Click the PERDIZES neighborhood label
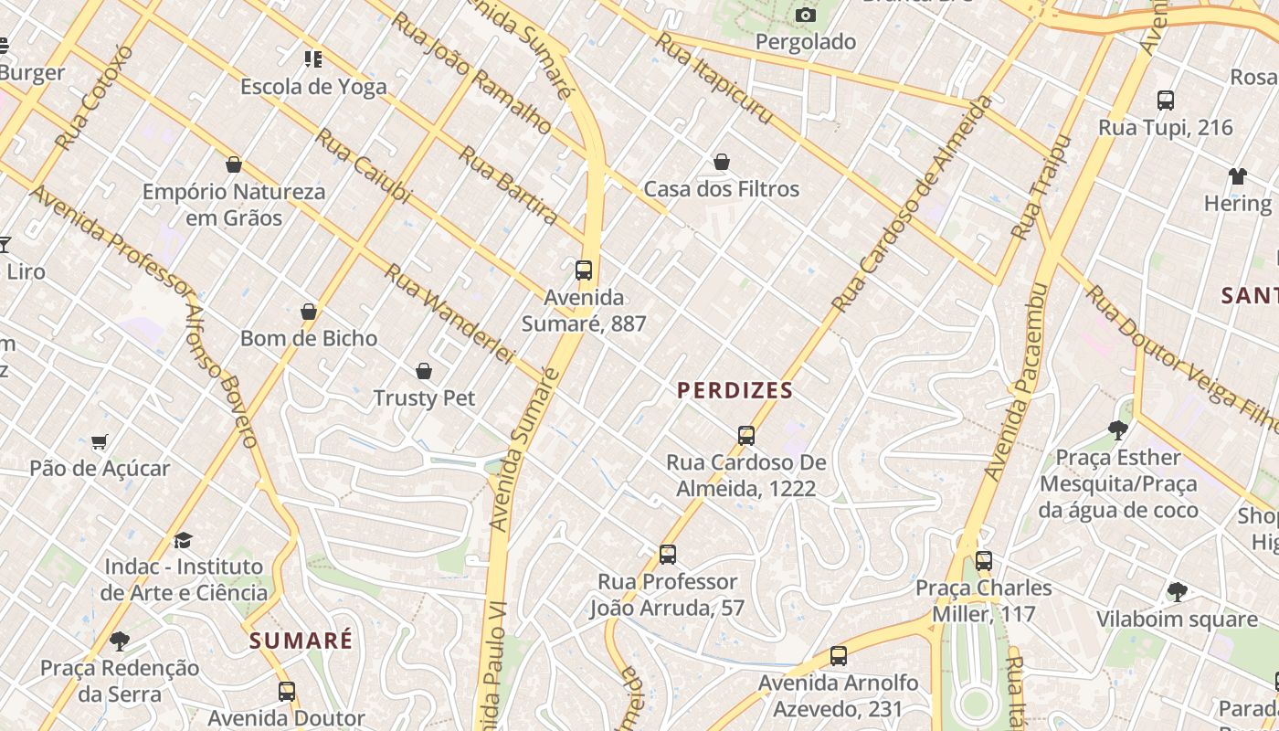coord(735,391)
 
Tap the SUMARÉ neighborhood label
coord(301,641)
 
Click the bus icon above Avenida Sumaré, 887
coord(584,270)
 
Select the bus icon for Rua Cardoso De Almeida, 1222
coord(746,436)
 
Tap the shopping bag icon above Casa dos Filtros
coord(722,163)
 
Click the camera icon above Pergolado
coord(805,15)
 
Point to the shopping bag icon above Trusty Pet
coord(424,371)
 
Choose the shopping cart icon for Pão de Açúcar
coord(100,442)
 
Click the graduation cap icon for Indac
coord(184,540)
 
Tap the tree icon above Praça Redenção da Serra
coord(119,641)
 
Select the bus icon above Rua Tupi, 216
coord(1165,101)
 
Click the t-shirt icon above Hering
coord(1237,176)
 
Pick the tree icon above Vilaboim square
coord(1177,592)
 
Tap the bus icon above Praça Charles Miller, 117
coord(983,561)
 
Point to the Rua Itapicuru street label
coord(713,79)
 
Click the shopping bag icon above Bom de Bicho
coord(309,313)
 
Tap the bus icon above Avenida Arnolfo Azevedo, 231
coord(838,656)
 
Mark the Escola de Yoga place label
coord(313,87)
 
